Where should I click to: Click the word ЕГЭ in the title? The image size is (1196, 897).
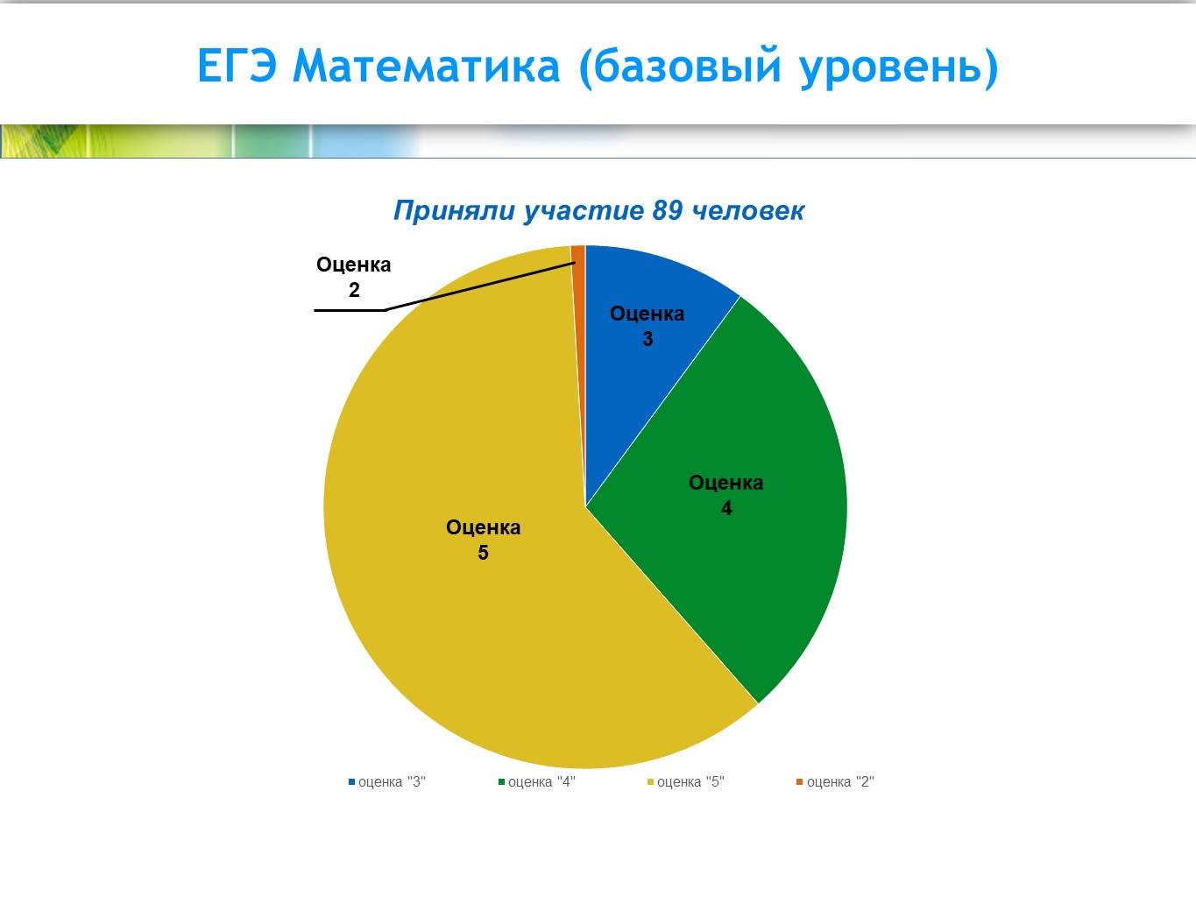[x=237, y=66]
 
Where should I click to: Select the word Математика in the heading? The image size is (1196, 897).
[x=426, y=67]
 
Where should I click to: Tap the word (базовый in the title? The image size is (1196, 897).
[x=681, y=67]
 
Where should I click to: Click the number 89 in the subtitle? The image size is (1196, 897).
[x=668, y=210]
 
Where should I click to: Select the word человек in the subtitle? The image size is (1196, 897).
[x=748, y=211]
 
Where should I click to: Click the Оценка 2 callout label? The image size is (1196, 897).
[x=354, y=277]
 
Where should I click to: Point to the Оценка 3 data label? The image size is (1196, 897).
[x=648, y=326]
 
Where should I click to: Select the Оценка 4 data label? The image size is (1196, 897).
[x=725, y=495]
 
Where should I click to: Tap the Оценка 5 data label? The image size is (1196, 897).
[x=484, y=540]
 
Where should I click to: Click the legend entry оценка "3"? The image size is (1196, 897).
[x=387, y=782]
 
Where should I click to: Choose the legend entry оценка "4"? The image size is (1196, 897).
[x=537, y=782]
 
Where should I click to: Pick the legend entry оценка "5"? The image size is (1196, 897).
[x=686, y=782]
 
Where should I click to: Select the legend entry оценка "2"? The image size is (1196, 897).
[x=836, y=782]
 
